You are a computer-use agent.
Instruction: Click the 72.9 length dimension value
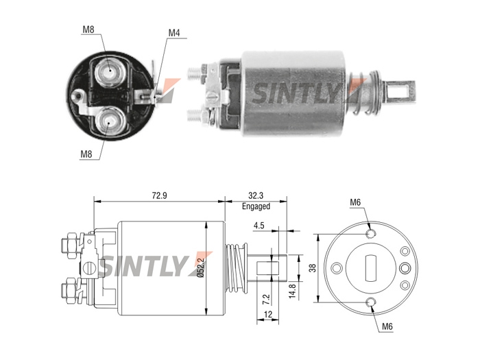pos(160,195)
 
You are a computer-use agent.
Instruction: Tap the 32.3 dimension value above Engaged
pos(256,195)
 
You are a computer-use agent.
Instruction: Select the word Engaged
pos(256,206)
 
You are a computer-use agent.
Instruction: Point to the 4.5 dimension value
pos(259,226)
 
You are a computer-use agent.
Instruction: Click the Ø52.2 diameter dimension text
pos(201,268)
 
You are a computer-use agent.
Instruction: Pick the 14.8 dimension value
pos(292,291)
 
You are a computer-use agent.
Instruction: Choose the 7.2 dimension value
pos(267,299)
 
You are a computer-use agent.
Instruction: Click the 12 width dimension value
pos(268,314)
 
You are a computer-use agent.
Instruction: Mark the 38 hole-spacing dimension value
pos(313,268)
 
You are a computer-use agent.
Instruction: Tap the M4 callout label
pos(174,33)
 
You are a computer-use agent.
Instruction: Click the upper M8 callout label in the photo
pos(88,29)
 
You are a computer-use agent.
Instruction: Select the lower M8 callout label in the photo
pos(86,154)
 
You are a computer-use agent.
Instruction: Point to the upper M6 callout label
pos(355,202)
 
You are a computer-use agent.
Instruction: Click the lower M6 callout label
pos(387,326)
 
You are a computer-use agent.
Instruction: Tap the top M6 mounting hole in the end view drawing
pos(371,234)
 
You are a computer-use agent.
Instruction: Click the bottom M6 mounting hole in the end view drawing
pos(371,302)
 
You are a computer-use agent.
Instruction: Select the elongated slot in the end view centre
pos(371,268)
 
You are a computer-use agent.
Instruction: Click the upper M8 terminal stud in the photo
pos(109,72)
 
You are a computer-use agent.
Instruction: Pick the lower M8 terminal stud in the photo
pos(109,123)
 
